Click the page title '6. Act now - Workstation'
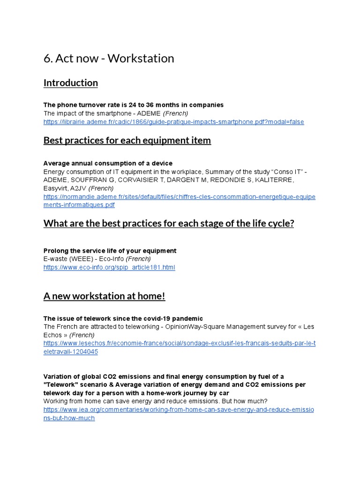point(109,59)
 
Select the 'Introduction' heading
point(70,83)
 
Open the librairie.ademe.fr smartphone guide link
point(173,122)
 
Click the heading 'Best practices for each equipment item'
point(127,140)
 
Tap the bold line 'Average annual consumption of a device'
point(108,163)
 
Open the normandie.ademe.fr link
point(179,197)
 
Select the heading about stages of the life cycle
point(169,223)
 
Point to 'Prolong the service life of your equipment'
point(110,251)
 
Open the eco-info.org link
point(109,267)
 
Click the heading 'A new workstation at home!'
point(104,296)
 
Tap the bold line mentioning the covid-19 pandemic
point(123,318)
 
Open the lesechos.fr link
point(179,344)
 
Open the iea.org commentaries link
point(178,410)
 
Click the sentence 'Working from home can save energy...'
point(155,401)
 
